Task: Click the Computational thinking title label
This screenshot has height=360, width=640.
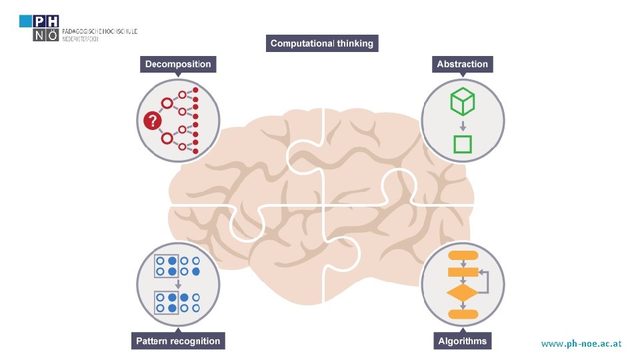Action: click(323, 43)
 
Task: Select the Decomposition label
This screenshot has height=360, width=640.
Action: click(178, 65)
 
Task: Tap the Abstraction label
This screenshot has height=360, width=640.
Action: click(462, 65)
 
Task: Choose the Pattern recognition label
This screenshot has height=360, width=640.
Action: click(178, 341)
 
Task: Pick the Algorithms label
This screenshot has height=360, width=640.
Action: click(462, 341)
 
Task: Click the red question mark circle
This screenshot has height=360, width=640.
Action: click(152, 121)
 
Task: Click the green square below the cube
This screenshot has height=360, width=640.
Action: click(462, 144)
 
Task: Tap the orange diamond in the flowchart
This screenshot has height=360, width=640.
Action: click(462, 293)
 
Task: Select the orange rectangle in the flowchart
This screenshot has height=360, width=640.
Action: click(462, 272)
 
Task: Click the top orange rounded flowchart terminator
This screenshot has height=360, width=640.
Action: click(462, 255)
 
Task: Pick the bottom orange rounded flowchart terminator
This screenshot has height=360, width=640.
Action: click(462, 313)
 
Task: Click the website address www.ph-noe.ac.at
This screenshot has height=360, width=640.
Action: click(581, 344)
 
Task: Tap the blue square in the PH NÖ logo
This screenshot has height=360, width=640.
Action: click(25, 21)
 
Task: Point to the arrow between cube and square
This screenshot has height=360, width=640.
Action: click(462, 125)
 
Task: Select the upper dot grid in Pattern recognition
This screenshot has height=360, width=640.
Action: click(177, 265)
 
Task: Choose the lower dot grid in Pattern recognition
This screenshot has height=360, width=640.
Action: click(177, 302)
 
